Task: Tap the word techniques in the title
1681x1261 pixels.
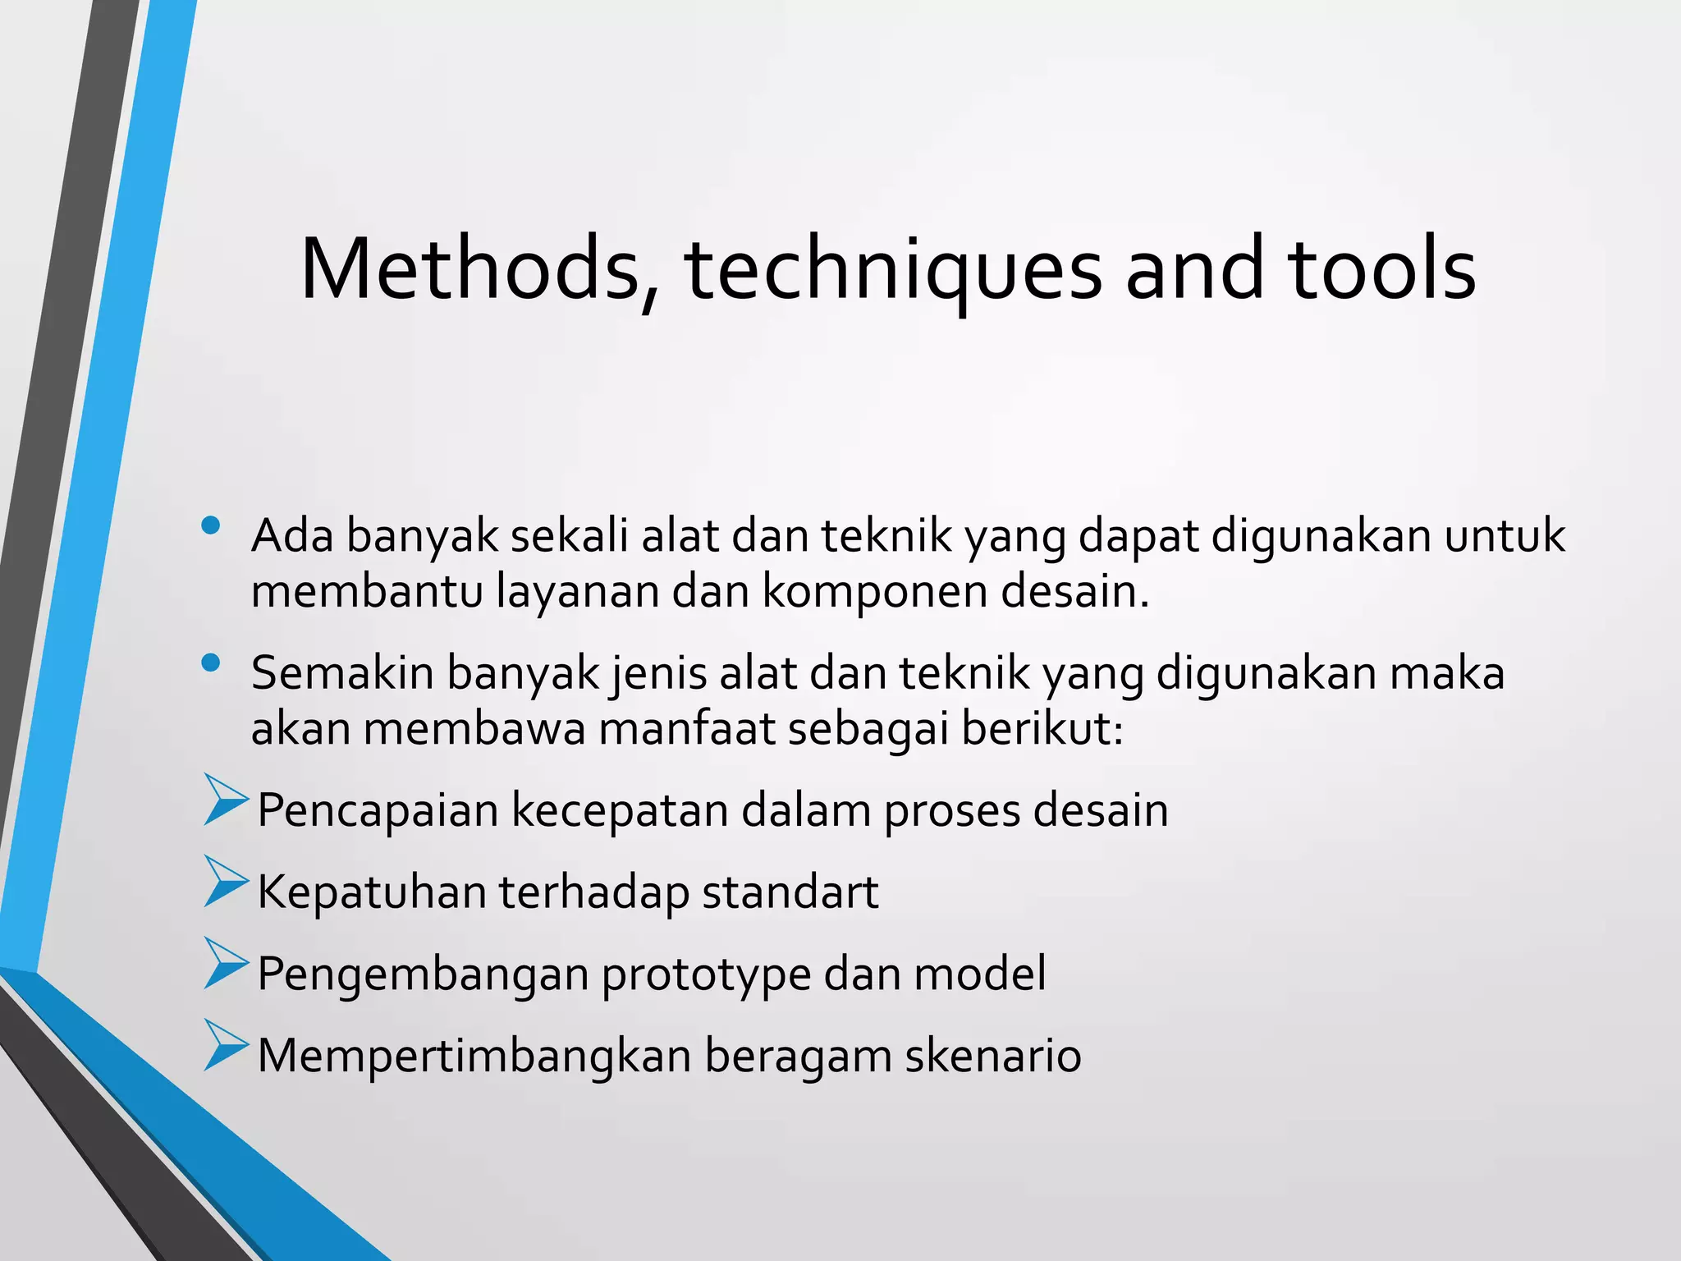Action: coord(893,271)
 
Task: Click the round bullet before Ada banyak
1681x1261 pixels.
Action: coord(211,525)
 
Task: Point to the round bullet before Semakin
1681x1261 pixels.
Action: coord(211,663)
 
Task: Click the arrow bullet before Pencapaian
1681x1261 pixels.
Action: coord(225,800)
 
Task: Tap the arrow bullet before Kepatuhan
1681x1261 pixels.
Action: coord(225,882)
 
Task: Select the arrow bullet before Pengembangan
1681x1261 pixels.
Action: coord(225,964)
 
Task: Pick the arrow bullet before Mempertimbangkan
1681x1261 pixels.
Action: coord(225,1046)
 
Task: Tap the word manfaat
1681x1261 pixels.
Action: coord(686,728)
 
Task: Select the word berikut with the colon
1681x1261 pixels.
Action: coord(1042,728)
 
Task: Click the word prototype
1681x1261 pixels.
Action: coord(706,975)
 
